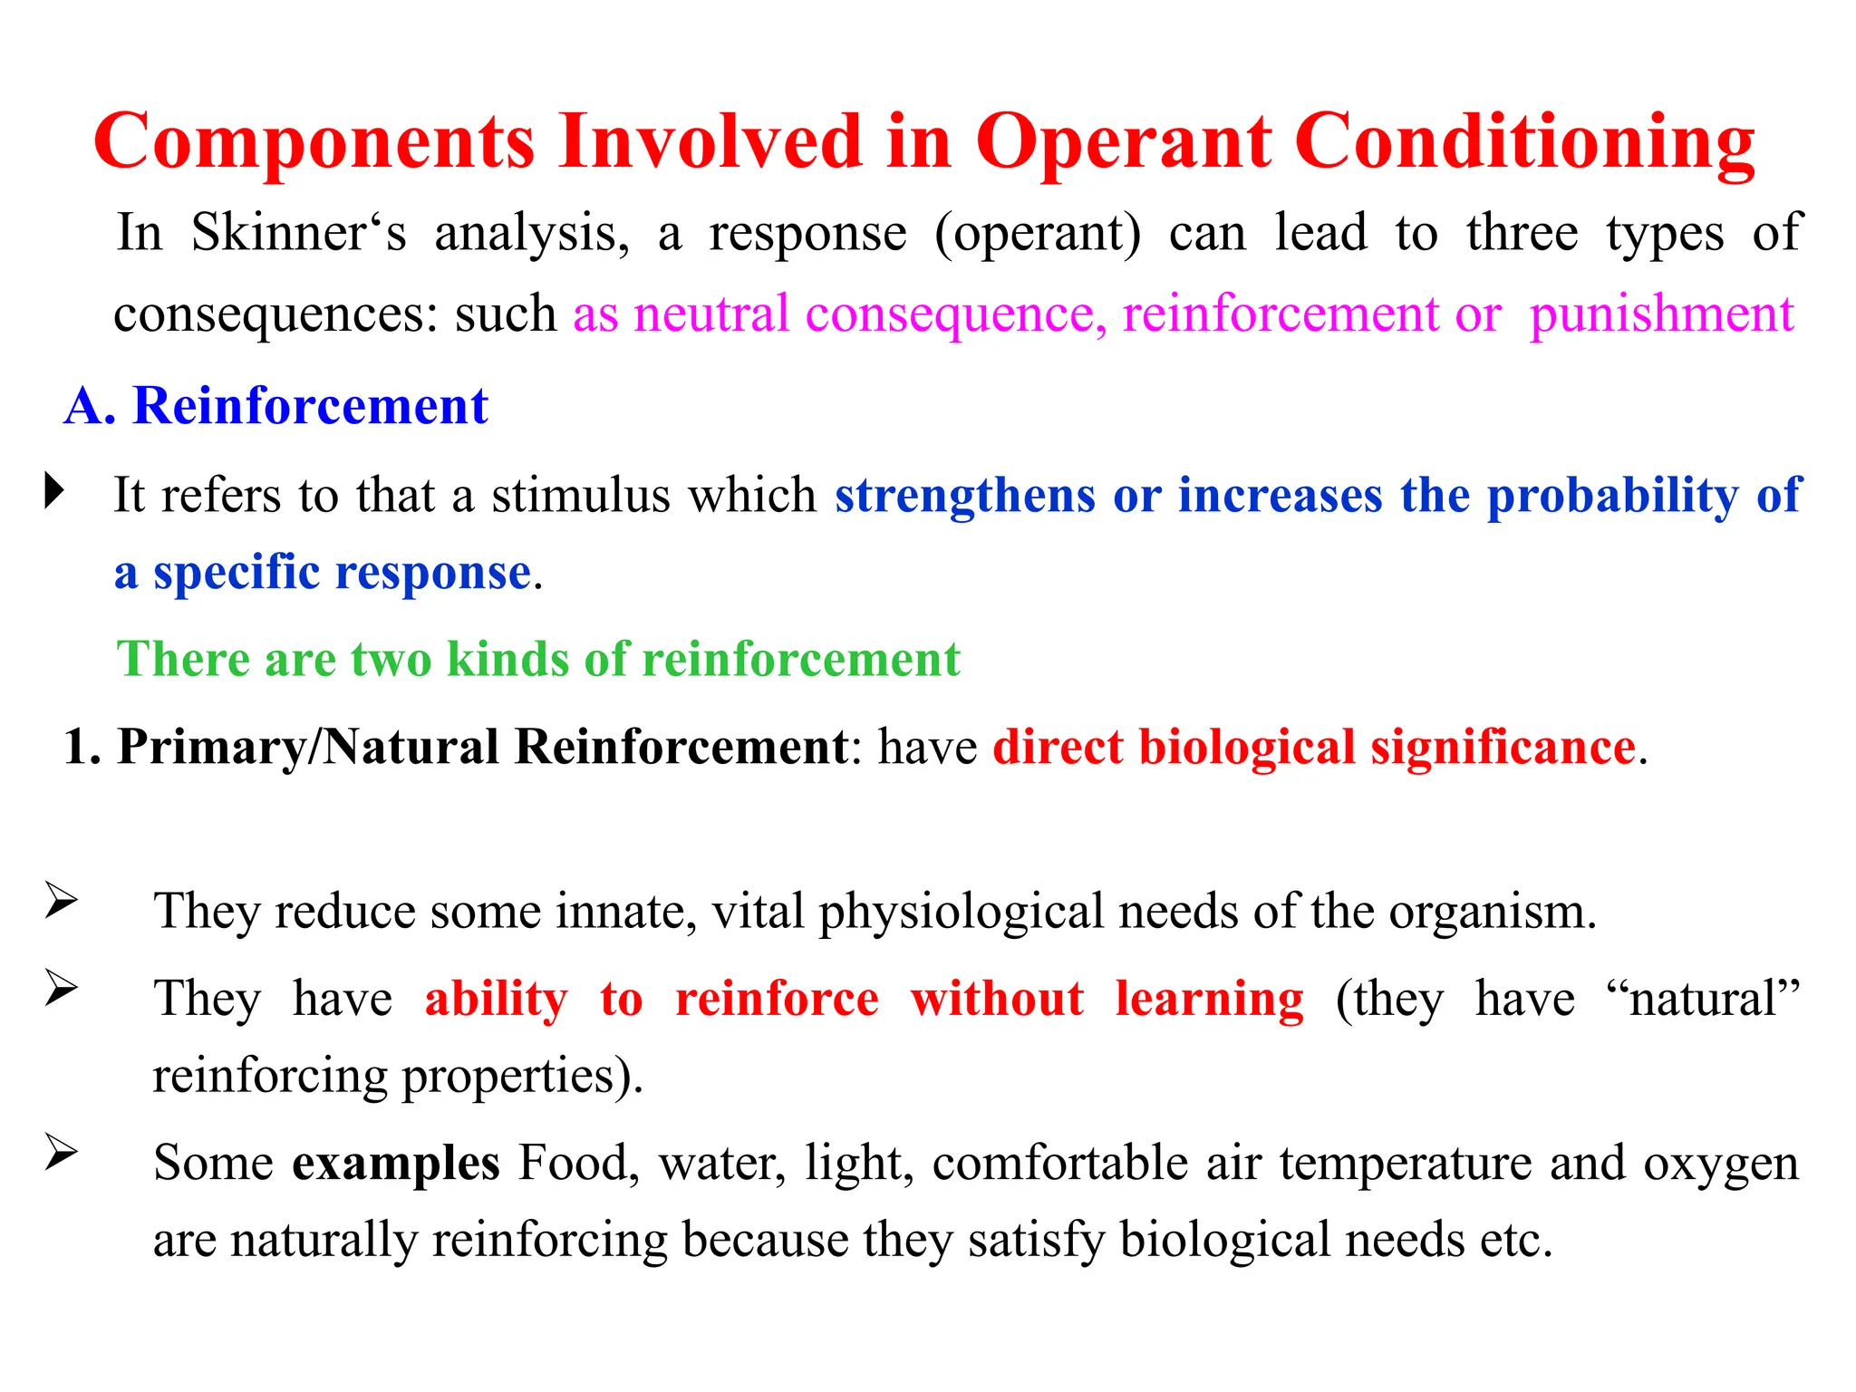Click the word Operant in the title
[x=1123, y=143]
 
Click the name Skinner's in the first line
[x=298, y=233]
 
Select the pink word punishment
[x=1661, y=315]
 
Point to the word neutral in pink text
[x=711, y=314]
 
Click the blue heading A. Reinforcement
[x=276, y=405]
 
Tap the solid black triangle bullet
[x=55, y=491]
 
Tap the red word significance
[x=1502, y=749]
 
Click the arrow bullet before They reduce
[x=62, y=901]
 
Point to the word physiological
[x=961, y=912]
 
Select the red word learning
[x=1209, y=1000]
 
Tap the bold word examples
[x=395, y=1164]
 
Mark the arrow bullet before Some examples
[x=62, y=1153]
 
